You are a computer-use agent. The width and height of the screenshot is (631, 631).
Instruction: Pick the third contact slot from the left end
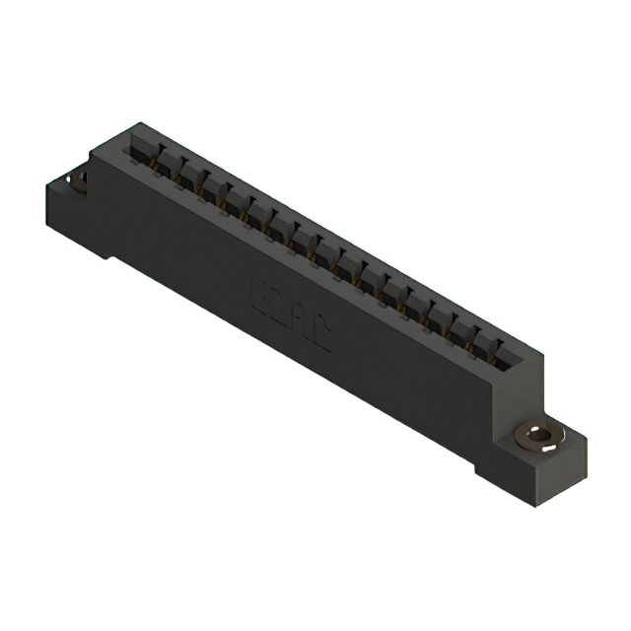(x=187, y=175)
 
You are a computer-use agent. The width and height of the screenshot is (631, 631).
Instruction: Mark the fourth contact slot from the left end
(x=210, y=186)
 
